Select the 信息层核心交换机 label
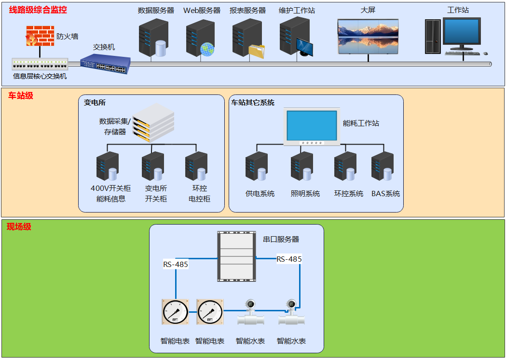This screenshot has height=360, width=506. [x=40, y=76]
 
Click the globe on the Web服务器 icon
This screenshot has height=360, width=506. [x=207, y=49]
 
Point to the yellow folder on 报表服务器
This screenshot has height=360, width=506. [x=257, y=51]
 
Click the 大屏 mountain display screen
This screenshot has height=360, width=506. [x=368, y=36]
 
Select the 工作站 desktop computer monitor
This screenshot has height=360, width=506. [x=462, y=32]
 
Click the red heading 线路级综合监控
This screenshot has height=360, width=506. [x=38, y=10]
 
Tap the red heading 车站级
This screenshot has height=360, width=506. [x=20, y=95]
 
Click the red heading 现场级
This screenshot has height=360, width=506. [x=19, y=227]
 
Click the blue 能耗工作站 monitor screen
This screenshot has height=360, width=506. [x=312, y=125]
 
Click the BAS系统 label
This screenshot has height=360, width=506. [x=385, y=194]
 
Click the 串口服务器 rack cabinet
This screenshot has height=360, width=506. [x=236, y=256]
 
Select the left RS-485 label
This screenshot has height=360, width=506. [x=176, y=264]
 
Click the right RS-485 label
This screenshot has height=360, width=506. [x=289, y=259]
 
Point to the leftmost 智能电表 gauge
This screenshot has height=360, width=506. [x=175, y=312]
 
